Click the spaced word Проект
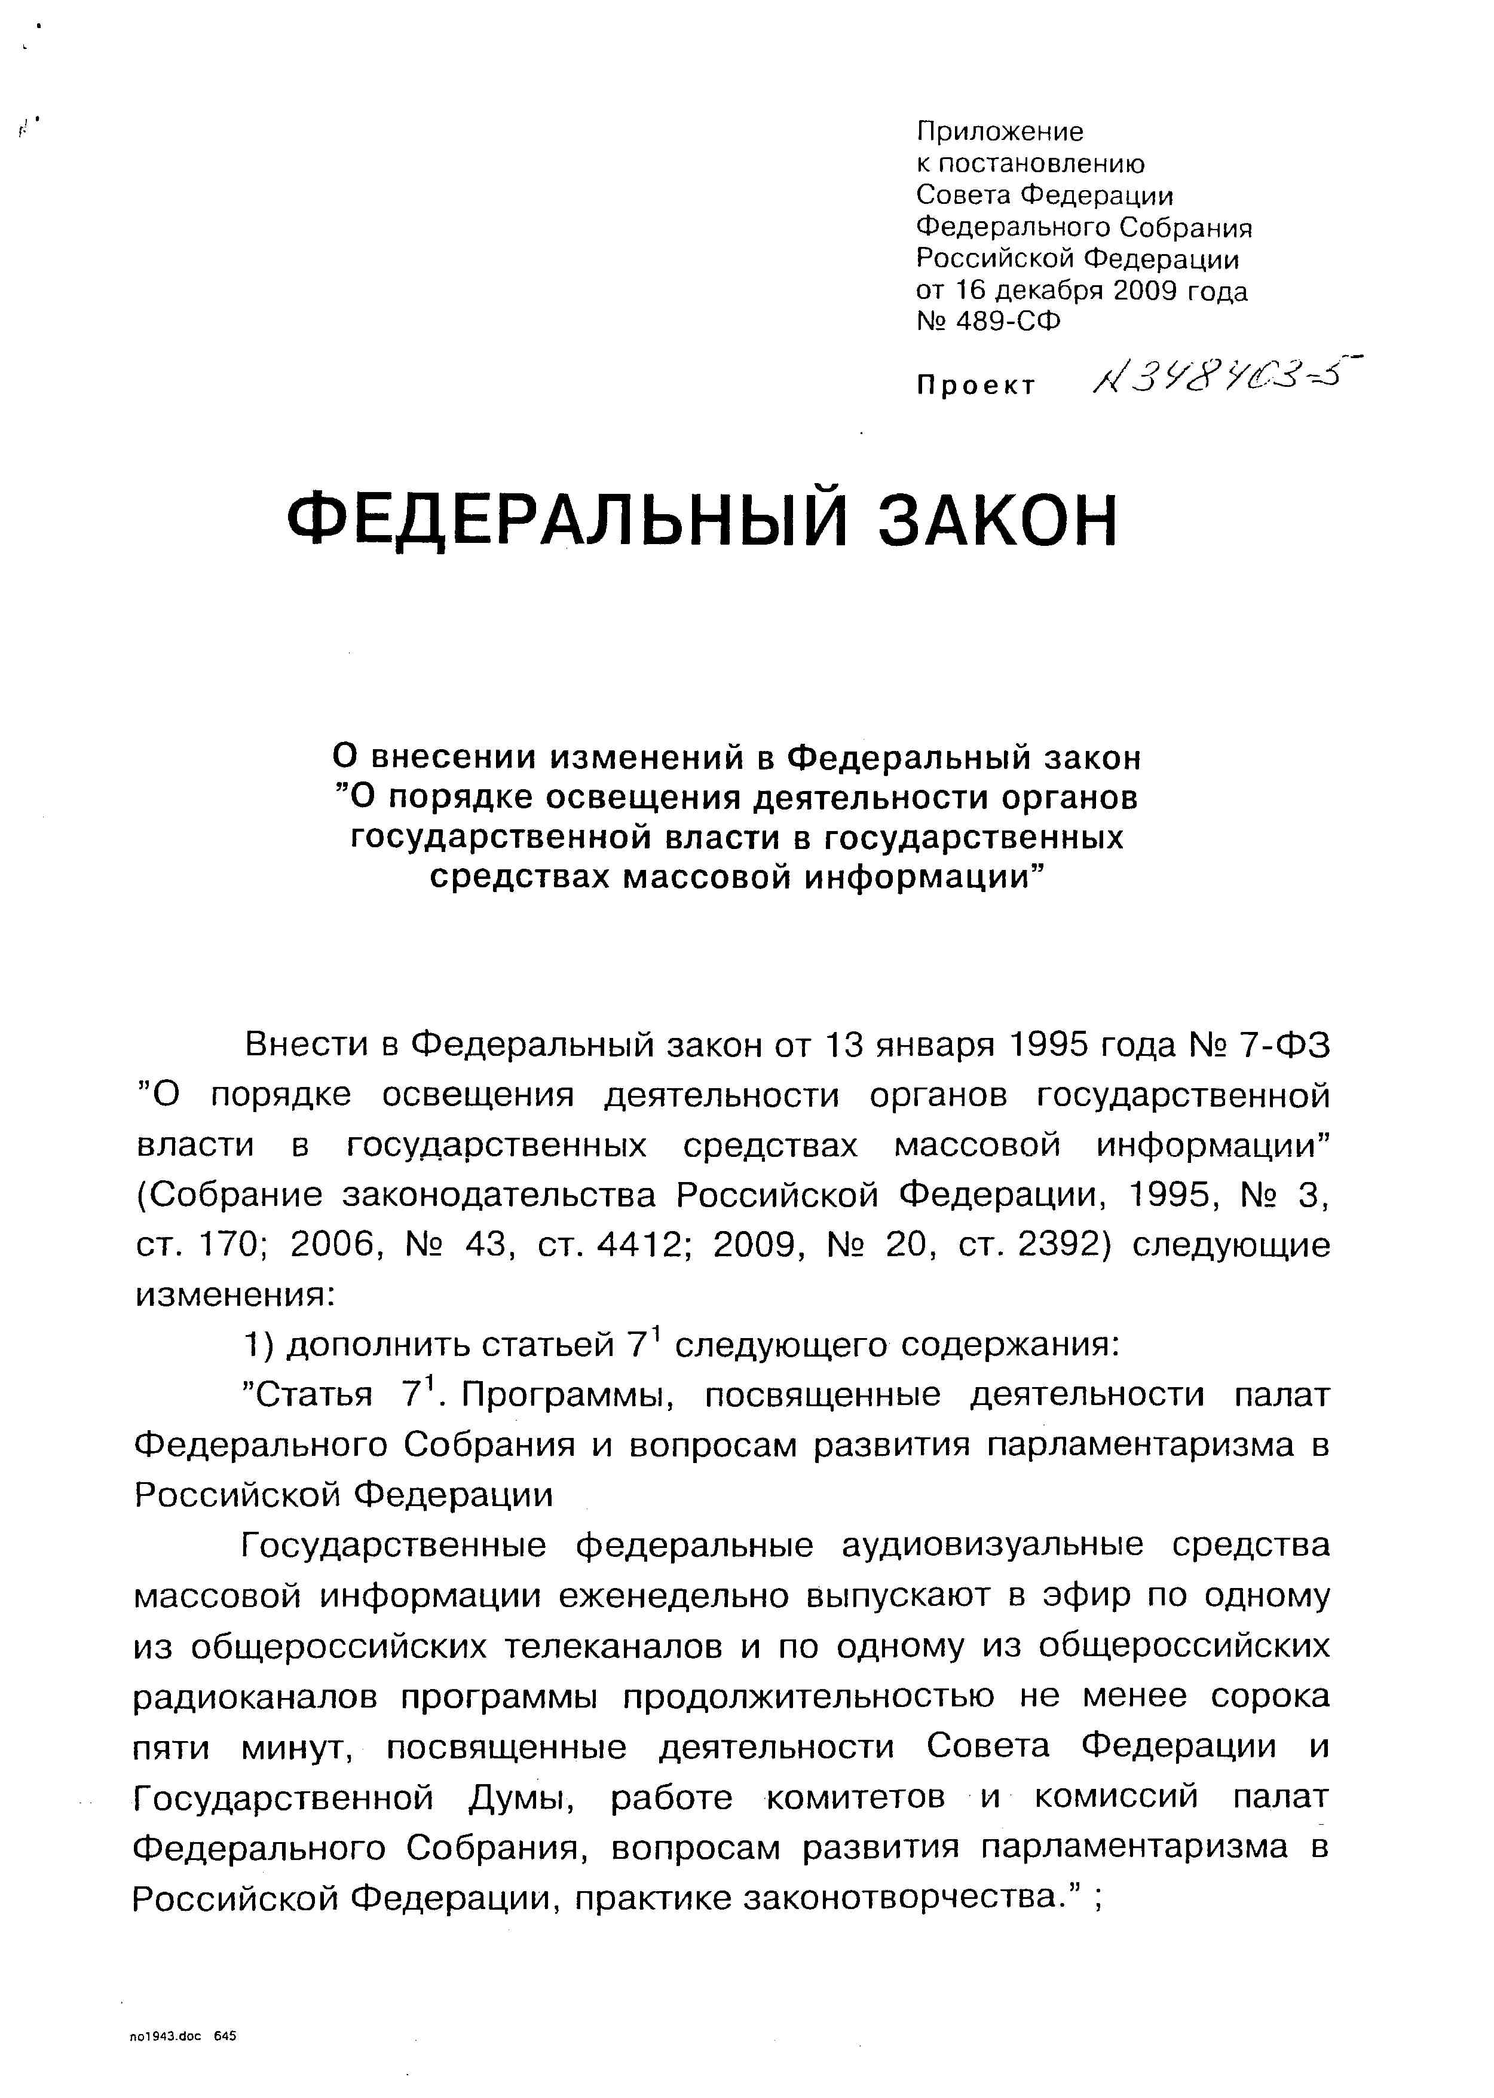976,386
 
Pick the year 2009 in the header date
1150,291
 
